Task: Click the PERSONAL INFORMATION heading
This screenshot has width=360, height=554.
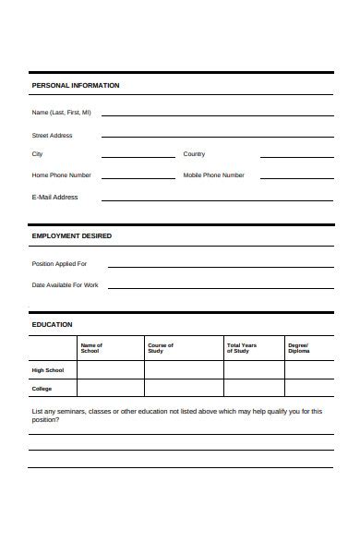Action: tap(76, 86)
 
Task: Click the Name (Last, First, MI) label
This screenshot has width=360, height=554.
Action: tap(62, 113)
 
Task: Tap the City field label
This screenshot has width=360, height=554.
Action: tap(38, 154)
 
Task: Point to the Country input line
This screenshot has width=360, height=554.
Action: tap(296, 155)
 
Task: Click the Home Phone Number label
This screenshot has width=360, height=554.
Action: tap(62, 175)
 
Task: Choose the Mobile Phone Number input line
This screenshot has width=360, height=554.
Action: tap(296, 176)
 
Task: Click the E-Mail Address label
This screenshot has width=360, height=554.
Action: tap(55, 197)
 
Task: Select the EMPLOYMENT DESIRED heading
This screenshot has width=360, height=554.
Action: tap(72, 236)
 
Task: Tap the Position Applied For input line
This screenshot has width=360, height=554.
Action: tap(221, 264)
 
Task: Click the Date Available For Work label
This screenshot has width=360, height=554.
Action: tap(66, 285)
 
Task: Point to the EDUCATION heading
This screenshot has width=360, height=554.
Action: tap(53, 325)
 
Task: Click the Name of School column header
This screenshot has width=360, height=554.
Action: tap(91, 348)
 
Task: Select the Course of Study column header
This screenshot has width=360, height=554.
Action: tap(161, 348)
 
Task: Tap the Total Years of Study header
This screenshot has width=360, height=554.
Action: tap(242, 348)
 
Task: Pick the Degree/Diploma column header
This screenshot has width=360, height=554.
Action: tap(299, 348)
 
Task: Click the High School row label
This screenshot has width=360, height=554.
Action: tap(49, 370)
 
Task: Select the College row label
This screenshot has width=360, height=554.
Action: tap(42, 389)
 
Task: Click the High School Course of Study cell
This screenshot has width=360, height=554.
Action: tap(183, 370)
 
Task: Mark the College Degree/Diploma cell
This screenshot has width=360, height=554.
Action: tap(309, 389)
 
